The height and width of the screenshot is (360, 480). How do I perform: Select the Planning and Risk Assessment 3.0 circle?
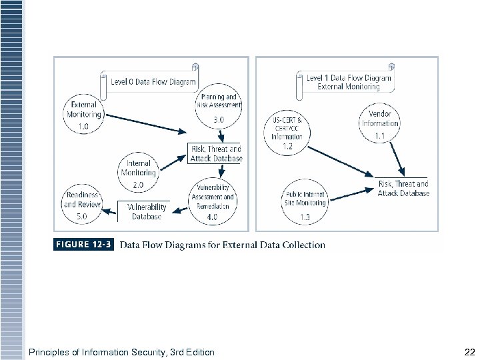tap(218, 110)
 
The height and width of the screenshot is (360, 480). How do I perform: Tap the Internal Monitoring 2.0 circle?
tap(138, 172)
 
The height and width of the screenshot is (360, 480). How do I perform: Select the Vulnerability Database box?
tap(145, 211)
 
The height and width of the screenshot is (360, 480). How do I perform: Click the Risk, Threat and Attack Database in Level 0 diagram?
tap(215, 154)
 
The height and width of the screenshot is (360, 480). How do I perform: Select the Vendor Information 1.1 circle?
tap(379, 123)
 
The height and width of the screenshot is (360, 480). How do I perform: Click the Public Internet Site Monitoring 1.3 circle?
tap(304, 203)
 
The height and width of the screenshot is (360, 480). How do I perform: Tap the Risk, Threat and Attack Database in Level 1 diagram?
tap(403, 188)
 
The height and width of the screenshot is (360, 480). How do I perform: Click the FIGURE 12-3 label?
tap(83, 245)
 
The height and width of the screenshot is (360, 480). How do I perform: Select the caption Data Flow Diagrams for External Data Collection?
tap(222, 245)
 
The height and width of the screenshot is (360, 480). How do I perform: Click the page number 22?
tap(468, 351)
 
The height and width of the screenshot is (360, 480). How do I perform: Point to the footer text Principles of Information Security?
tap(121, 352)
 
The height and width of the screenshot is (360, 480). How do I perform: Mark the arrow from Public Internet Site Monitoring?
tap(351, 194)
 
